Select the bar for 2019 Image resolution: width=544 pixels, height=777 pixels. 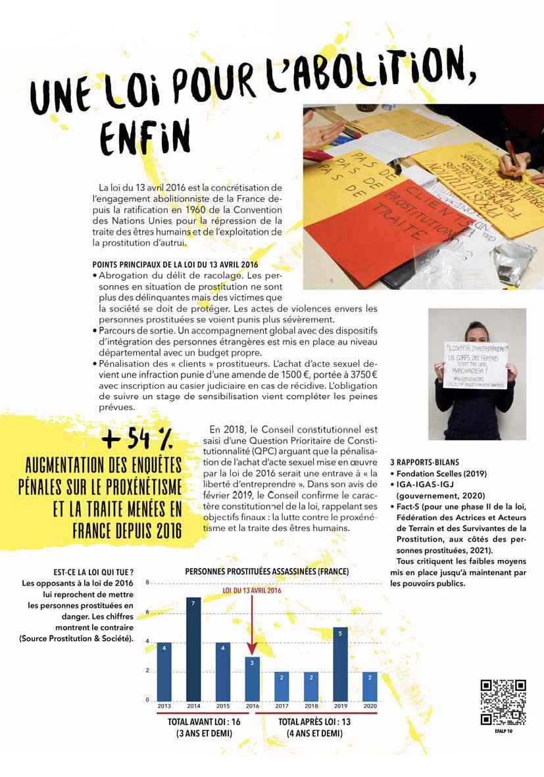341,663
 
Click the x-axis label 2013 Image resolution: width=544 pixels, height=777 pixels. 164,706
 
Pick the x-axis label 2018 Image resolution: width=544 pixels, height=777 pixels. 311,706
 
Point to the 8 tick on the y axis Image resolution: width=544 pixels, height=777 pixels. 148,582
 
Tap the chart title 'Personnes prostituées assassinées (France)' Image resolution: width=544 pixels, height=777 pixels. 266,572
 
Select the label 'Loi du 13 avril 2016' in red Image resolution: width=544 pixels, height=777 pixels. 252,590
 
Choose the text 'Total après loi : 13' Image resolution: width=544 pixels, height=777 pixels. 314,721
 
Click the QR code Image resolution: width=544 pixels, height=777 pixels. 503,702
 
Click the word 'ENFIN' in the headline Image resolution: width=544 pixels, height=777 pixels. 144,137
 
